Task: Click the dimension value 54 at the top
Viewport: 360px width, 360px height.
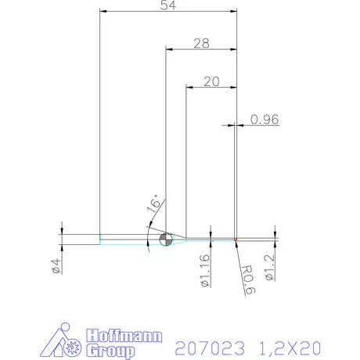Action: (167, 5)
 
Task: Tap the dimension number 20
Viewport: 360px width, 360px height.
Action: (210, 81)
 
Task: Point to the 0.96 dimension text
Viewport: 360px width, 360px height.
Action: (265, 119)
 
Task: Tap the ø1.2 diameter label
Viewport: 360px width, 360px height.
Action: (268, 266)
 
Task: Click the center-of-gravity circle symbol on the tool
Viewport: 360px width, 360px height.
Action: (164, 239)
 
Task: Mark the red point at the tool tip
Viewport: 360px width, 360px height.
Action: (236, 239)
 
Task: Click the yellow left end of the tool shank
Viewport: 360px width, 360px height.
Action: (99, 239)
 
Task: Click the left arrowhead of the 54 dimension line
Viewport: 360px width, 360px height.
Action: (103, 12)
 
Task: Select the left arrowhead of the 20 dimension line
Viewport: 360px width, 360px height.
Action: (189, 87)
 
